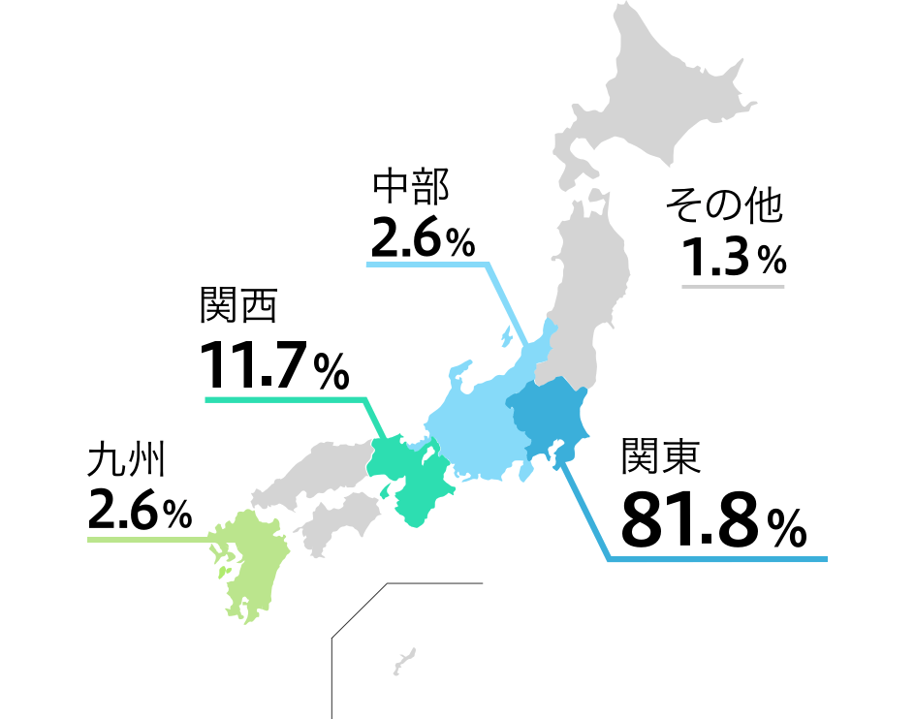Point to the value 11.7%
point(274,365)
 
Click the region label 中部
point(411,187)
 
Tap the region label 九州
point(126,459)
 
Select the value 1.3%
point(733,258)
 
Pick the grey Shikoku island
point(339,518)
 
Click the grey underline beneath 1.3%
point(733,286)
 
